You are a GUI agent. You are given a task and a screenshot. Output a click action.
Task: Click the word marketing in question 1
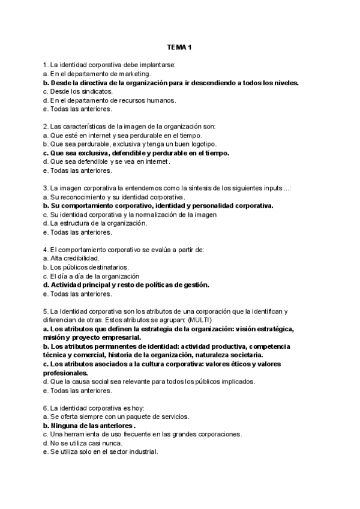[133, 74]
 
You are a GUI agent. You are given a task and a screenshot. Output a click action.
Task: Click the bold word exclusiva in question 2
[85, 153]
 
